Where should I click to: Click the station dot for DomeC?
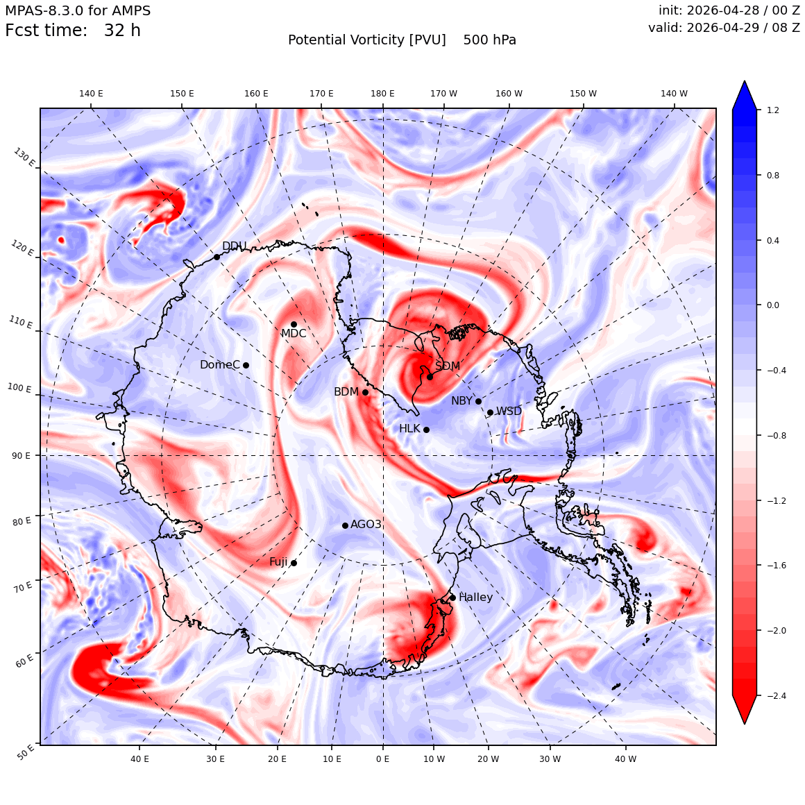tap(246, 365)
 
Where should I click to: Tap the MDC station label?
tap(293, 334)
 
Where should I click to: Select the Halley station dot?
tap(452, 598)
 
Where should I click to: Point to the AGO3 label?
tap(366, 524)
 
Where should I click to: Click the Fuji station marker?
tap(294, 563)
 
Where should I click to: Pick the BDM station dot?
tap(365, 392)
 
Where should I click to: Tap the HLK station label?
tap(409, 429)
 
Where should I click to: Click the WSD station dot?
tap(491, 412)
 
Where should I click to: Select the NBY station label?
tap(461, 401)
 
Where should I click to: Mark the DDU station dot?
tap(217, 257)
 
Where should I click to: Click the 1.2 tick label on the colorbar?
tap(772, 110)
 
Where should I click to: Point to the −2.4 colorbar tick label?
tap(776, 695)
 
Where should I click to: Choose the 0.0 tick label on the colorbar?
tap(772, 305)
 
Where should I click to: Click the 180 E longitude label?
tap(382, 94)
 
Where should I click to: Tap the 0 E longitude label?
tap(382, 759)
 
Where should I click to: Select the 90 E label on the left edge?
tap(21, 455)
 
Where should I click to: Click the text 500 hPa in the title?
tap(489, 40)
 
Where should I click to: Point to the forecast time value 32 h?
tap(122, 31)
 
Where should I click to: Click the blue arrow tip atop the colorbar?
tap(745, 81)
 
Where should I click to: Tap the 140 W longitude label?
tap(674, 94)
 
